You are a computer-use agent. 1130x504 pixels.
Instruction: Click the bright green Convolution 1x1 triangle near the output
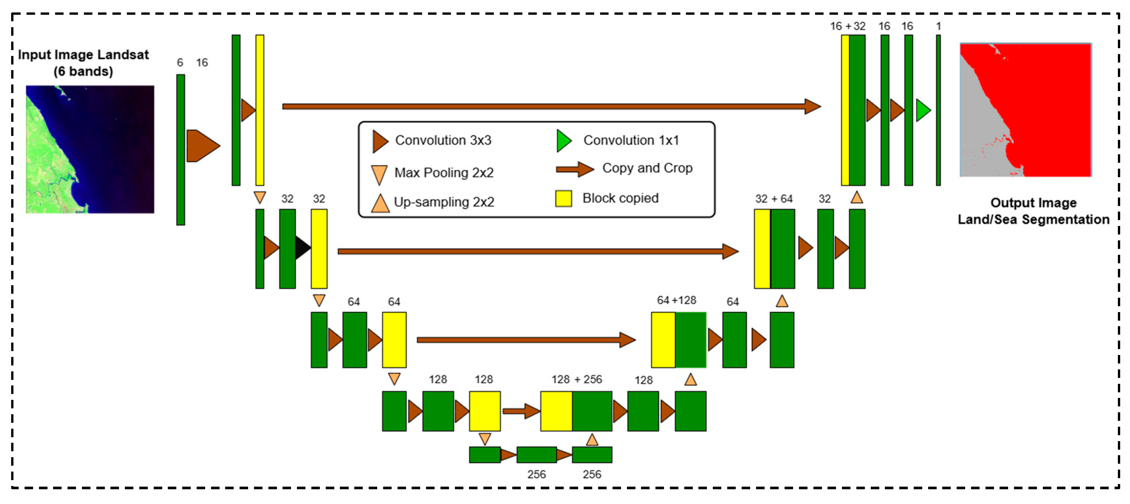[x=922, y=110]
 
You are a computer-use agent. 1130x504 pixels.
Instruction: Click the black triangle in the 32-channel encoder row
[x=302, y=248]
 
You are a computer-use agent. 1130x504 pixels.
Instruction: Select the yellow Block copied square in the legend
[x=563, y=198]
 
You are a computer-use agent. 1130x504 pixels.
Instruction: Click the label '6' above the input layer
[x=180, y=63]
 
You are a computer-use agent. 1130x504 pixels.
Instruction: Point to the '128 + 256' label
[x=576, y=379]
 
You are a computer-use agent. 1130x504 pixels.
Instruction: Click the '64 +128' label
[x=676, y=300]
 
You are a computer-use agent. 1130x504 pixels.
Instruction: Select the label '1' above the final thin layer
[x=938, y=26]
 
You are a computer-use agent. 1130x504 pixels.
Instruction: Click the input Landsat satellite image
[x=90, y=149]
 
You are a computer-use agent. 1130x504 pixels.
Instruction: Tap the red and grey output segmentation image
[x=1025, y=110]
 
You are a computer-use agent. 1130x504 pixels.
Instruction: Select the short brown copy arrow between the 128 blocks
[x=521, y=411]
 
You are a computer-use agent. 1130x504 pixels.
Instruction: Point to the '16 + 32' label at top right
[x=847, y=26]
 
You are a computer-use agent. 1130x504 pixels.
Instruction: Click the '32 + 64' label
[x=774, y=199]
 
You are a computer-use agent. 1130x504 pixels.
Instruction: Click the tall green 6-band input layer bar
[x=180, y=150]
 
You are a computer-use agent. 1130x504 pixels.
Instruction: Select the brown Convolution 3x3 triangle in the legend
[x=380, y=141]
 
